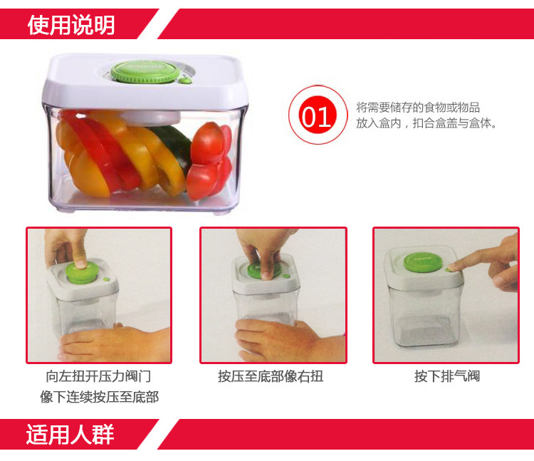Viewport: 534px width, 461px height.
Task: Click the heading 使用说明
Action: coord(70,25)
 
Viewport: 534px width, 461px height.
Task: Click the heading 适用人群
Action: coord(70,434)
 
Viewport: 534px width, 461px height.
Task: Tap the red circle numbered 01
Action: coord(316,116)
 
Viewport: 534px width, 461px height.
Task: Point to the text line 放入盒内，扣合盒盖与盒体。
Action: coord(426,123)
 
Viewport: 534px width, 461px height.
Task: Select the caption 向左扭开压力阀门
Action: coord(99,376)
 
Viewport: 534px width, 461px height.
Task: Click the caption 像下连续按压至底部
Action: coord(99,397)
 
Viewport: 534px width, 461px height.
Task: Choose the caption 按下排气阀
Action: coord(447,376)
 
